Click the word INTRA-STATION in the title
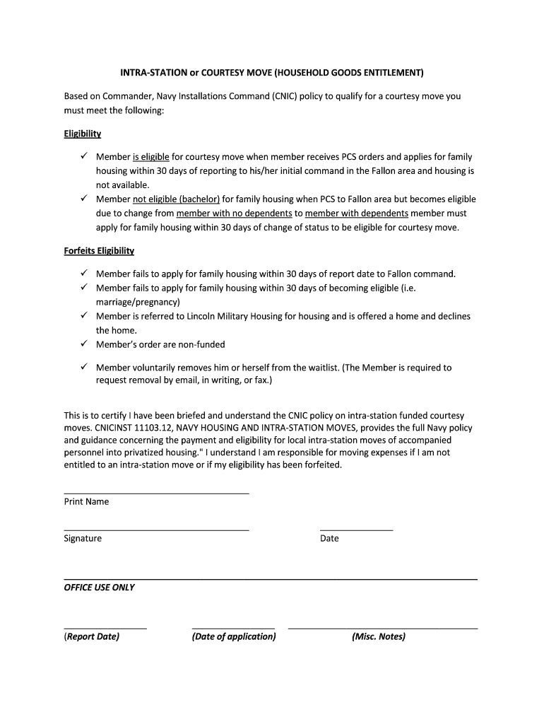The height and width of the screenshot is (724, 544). click(x=150, y=73)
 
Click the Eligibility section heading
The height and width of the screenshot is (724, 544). click(x=83, y=134)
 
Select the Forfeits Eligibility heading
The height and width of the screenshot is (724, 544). click(x=99, y=250)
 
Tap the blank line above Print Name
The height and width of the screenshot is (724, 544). click(x=156, y=493)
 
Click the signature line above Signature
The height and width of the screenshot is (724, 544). click(x=156, y=530)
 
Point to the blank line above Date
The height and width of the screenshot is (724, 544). click(x=356, y=530)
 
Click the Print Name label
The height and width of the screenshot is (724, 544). click(x=86, y=501)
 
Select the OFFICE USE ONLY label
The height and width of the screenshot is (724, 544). click(x=99, y=588)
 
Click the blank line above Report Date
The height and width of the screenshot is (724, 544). click(x=105, y=628)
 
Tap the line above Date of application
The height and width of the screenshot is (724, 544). click(x=233, y=628)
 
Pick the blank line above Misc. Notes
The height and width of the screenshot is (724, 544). click(x=382, y=628)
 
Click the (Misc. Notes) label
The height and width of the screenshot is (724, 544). click(x=379, y=636)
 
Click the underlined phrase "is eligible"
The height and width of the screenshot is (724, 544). click(x=151, y=157)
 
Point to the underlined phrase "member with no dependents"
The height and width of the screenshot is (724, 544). click(x=234, y=214)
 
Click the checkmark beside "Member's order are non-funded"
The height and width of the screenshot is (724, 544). click(x=83, y=344)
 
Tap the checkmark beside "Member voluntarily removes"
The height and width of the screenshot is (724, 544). click(x=83, y=367)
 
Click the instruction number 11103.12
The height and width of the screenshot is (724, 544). click(x=150, y=428)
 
